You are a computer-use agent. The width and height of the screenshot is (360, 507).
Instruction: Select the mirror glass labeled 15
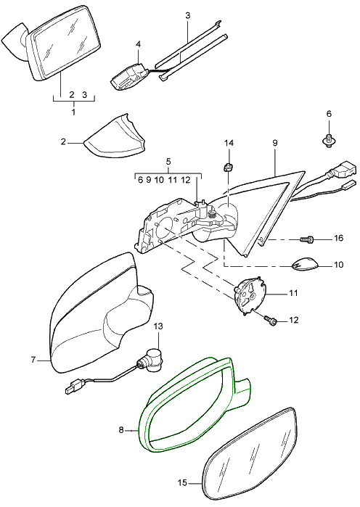pos(249,456)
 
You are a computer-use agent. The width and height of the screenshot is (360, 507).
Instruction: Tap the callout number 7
pos(33,359)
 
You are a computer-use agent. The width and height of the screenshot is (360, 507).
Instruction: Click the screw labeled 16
pos(307,239)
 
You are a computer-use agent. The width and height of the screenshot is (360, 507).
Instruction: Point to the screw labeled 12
pos(271,321)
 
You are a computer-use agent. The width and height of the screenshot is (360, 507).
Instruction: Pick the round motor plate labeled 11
pos(250,295)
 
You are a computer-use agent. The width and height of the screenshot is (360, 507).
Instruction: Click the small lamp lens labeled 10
pos(305,264)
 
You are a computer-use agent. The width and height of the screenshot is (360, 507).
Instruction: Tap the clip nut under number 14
pos(229,168)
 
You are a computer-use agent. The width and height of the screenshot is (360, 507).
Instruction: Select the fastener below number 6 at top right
pos(329,141)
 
